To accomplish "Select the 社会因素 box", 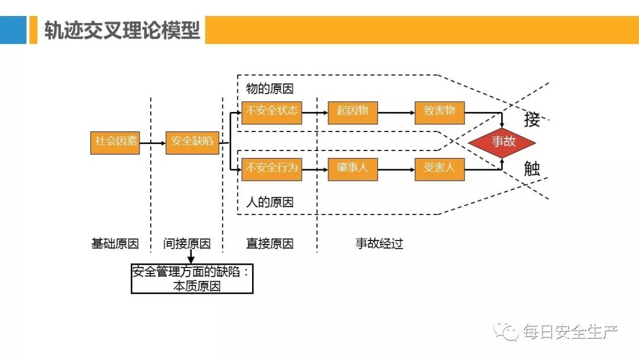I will pyautogui.click(x=115, y=142).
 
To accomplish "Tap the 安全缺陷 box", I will pyautogui.click(x=192, y=142).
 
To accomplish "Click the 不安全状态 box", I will pyautogui.click(x=272, y=111).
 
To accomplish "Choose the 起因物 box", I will pyautogui.click(x=353, y=111).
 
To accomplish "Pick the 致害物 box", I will pyautogui.click(x=440, y=111).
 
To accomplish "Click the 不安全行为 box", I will pyautogui.click(x=272, y=169).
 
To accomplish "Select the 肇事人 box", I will pyautogui.click(x=353, y=169).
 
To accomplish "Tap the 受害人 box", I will pyautogui.click(x=440, y=169).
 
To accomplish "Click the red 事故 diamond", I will pyautogui.click(x=502, y=142).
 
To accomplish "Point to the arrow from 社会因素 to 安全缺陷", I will pyautogui.click(x=153, y=143).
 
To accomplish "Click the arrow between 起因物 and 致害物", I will pyautogui.click(x=396, y=112).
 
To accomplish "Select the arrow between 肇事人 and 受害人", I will pyautogui.click(x=396, y=169).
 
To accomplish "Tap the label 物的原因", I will pyautogui.click(x=270, y=89).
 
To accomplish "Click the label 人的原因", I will pyautogui.click(x=270, y=202).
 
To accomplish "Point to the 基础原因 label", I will pyautogui.click(x=115, y=243).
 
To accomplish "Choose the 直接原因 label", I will pyautogui.click(x=270, y=243).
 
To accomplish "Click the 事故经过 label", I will pyautogui.click(x=379, y=243).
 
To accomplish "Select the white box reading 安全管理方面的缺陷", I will pyautogui.click(x=192, y=279).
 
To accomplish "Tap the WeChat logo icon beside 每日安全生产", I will pyautogui.click(x=508, y=331).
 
